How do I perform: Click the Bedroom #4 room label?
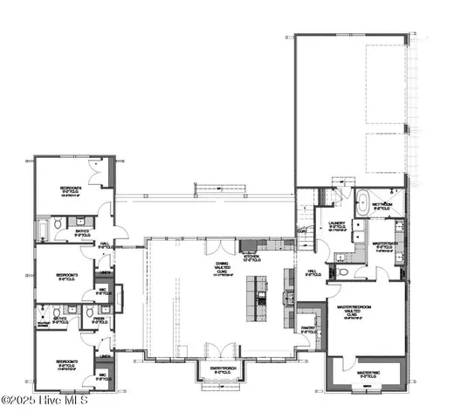point(70,189)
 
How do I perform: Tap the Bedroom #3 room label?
point(67,275)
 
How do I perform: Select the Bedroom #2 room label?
point(69,361)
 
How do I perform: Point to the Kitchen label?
point(251,258)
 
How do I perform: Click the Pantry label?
point(308,329)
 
